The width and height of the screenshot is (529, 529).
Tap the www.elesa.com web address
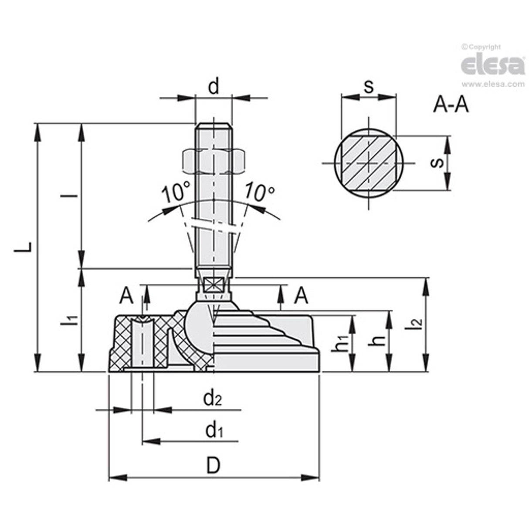(x=492, y=85)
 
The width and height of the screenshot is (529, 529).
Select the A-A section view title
(x=451, y=105)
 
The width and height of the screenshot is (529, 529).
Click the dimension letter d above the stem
(x=213, y=87)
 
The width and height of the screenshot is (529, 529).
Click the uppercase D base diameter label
(x=213, y=466)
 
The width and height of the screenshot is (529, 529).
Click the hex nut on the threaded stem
(x=213, y=160)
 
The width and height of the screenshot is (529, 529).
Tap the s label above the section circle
(x=369, y=86)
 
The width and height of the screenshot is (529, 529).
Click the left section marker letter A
(x=126, y=296)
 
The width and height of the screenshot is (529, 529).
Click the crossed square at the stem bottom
(x=213, y=285)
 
